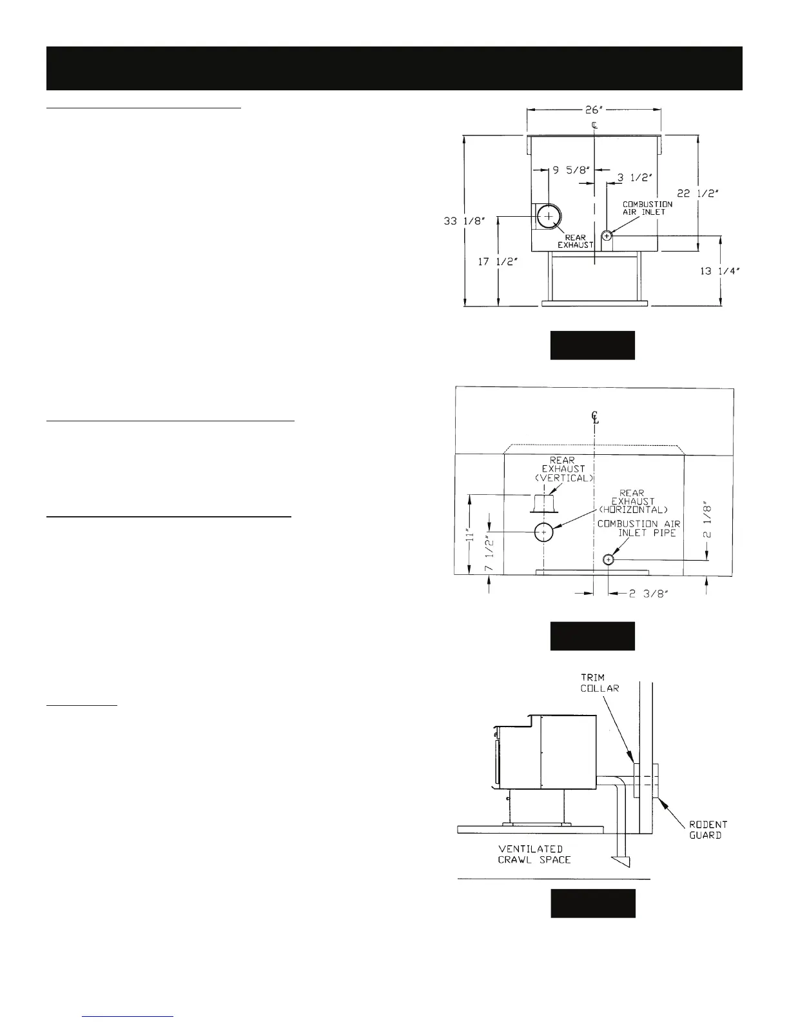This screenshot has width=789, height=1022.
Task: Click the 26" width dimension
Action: click(594, 110)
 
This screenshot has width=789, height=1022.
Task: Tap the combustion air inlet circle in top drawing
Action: click(607, 236)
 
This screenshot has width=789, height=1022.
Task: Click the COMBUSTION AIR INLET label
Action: click(647, 208)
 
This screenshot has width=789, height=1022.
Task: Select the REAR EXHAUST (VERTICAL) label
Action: click(563, 469)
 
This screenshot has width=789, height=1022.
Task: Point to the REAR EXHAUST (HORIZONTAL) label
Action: click(632, 501)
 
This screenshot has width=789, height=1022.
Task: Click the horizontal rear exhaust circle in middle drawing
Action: click(543, 532)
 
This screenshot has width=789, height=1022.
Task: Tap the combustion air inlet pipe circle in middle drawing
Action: click(608, 559)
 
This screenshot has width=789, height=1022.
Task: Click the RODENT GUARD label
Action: click(708, 830)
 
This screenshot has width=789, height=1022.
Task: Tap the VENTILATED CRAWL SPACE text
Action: click(534, 854)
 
